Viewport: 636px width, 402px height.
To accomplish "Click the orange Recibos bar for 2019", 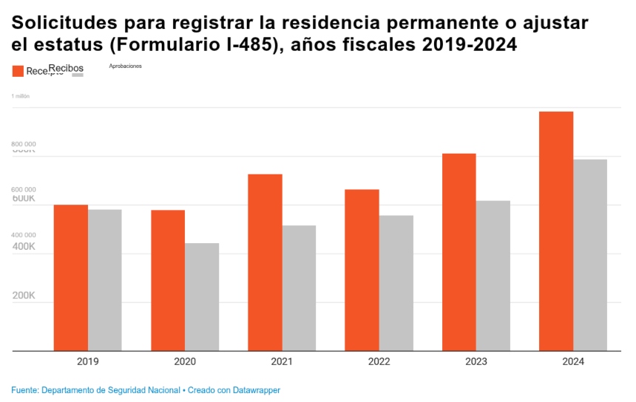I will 71,278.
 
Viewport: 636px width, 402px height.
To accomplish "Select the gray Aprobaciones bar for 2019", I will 105,280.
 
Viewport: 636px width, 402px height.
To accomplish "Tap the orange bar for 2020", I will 168,281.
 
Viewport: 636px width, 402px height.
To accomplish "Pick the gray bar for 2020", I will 202,297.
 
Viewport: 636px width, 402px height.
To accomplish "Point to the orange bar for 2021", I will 265,262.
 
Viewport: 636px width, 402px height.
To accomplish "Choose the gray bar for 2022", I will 396,283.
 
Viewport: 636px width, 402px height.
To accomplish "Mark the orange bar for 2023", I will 459,252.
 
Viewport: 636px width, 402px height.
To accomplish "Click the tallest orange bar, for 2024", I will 556,231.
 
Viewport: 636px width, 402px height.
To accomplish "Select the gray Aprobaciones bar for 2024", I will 590,255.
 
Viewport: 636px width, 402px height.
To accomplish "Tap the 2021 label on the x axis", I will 282,362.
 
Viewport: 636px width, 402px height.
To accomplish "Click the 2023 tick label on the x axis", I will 476,362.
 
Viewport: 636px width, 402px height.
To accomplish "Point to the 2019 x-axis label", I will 88,362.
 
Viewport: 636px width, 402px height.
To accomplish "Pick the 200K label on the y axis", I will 24,296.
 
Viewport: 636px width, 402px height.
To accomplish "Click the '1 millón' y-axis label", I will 20,96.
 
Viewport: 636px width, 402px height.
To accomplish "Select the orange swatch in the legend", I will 18,71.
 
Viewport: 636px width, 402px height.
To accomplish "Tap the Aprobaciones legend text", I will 125,66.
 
